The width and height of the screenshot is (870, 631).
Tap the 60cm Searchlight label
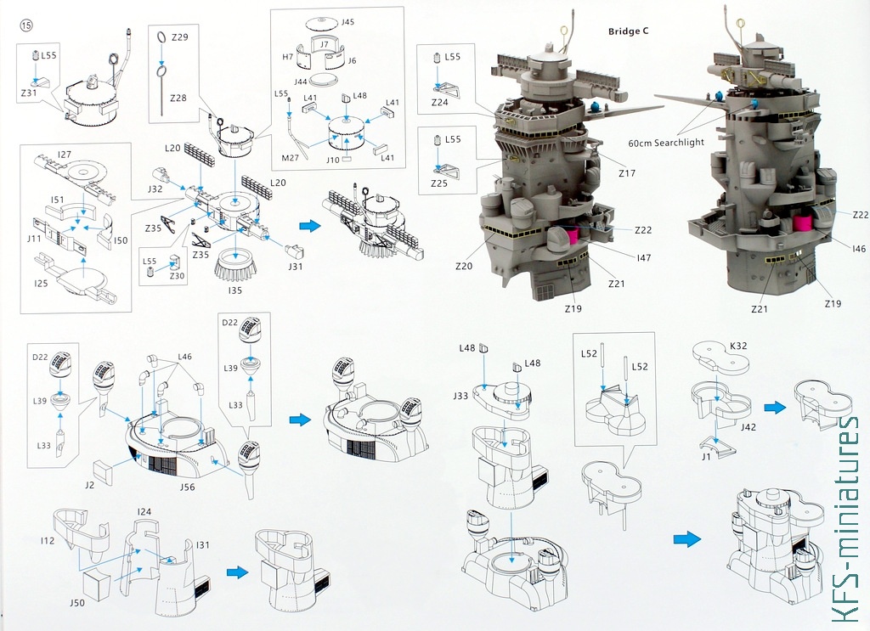pyautogui.click(x=667, y=142)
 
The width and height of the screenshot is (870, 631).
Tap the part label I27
pyautogui.click(x=65, y=155)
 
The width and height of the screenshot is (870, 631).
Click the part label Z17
pyautogui.click(x=628, y=173)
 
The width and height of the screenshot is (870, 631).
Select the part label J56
pyautogui.click(x=188, y=487)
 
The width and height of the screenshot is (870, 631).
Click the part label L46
pyautogui.click(x=185, y=358)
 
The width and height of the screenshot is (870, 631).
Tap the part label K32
pyautogui.click(x=738, y=346)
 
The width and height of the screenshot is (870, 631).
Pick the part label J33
pyautogui.click(x=460, y=395)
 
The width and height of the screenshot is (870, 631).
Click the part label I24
pyautogui.click(x=144, y=511)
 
